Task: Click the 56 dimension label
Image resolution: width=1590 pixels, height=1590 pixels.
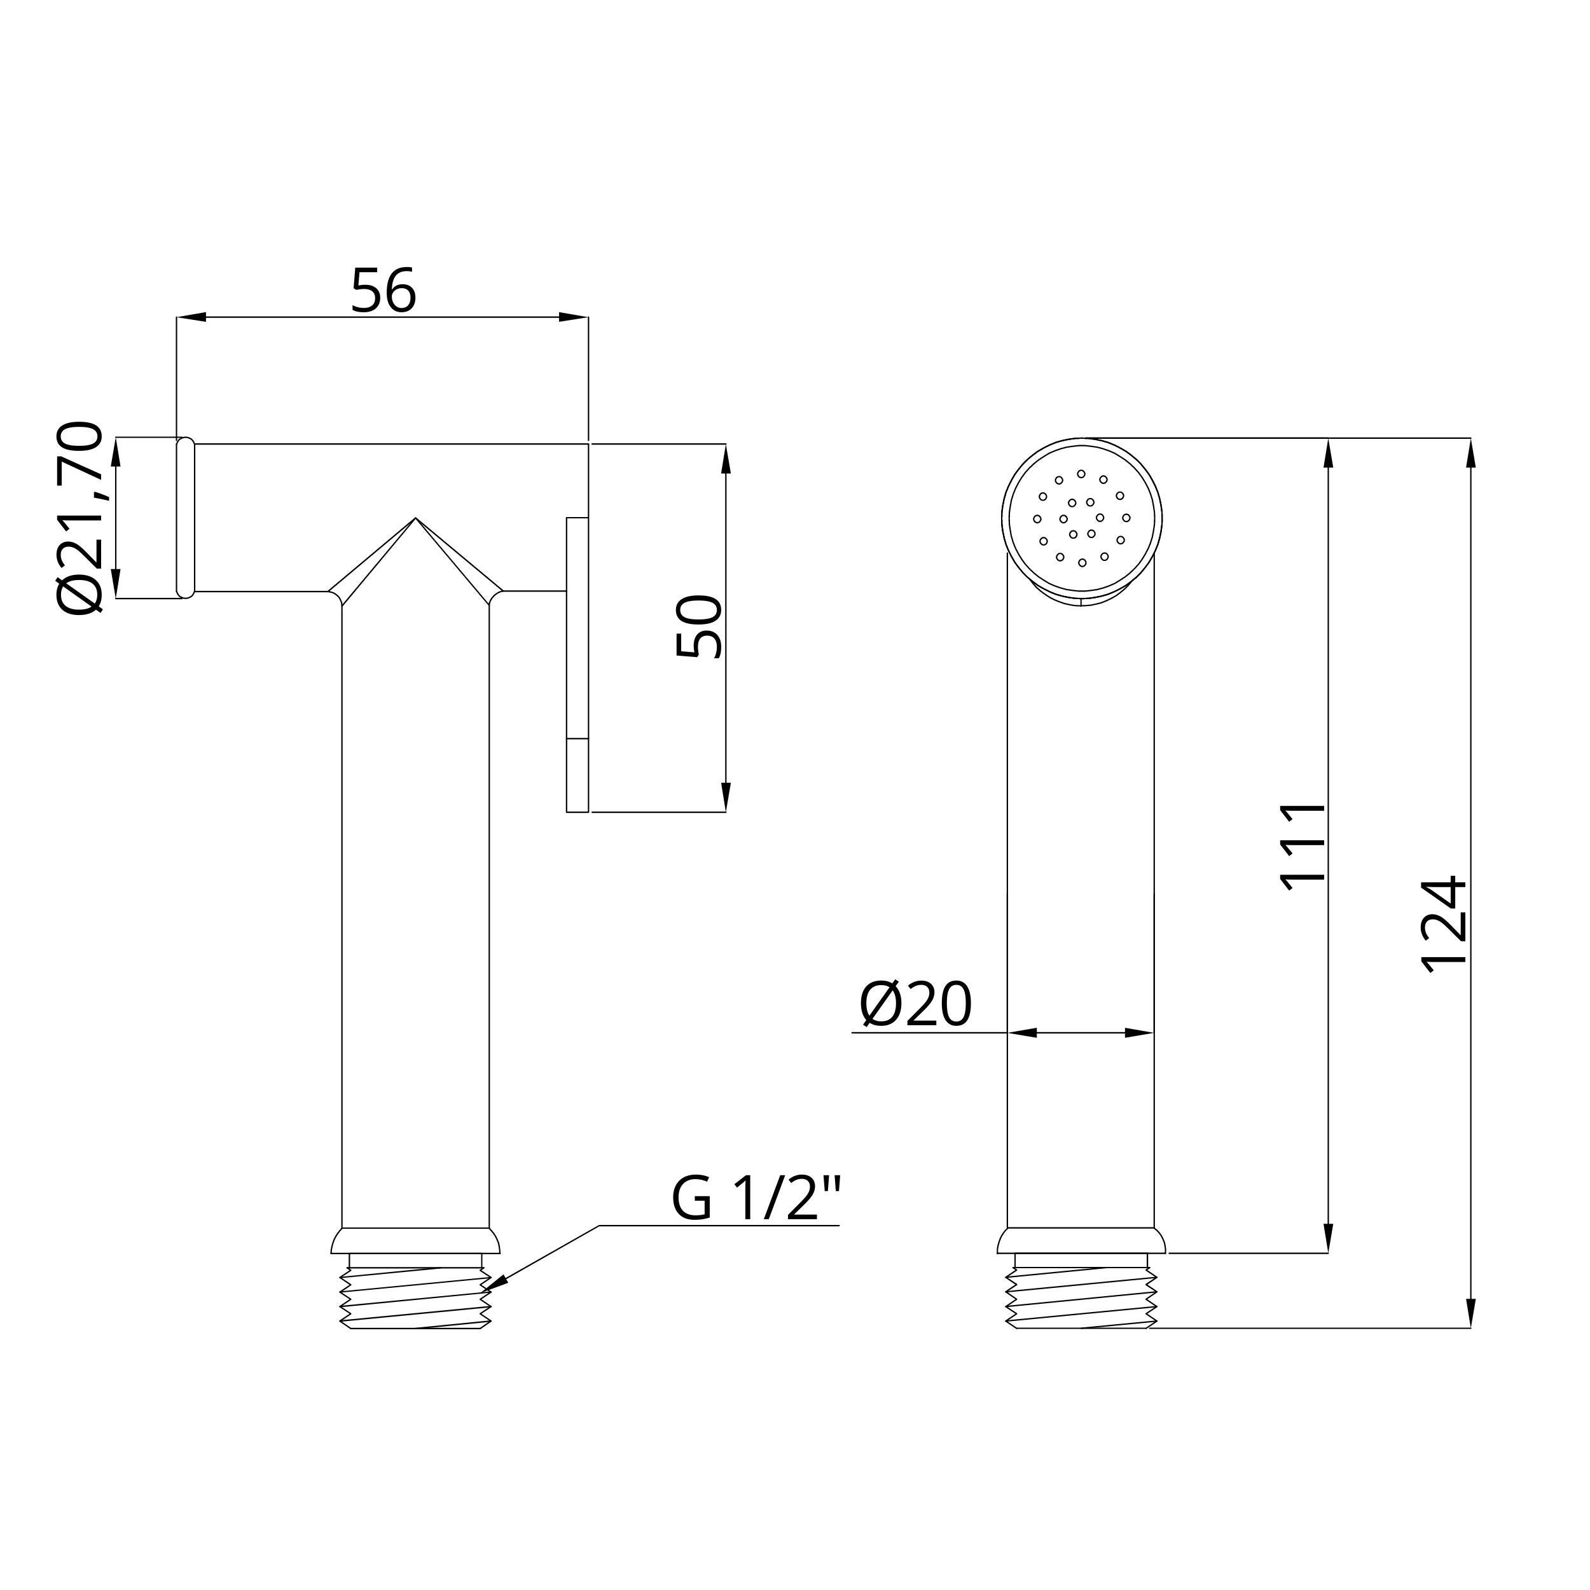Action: (x=384, y=291)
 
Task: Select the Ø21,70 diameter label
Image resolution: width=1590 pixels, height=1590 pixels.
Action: (x=81, y=517)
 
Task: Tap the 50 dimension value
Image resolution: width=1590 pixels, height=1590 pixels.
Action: (x=699, y=626)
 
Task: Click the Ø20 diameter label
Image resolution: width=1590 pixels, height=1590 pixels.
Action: (x=915, y=1004)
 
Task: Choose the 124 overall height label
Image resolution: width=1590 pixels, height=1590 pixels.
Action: (x=1444, y=923)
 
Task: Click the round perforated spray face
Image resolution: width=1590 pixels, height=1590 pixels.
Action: (x=1081, y=518)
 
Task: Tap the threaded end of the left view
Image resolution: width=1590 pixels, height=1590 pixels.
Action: (x=415, y=1293)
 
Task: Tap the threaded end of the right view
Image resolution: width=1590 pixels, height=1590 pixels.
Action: (x=1081, y=1292)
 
